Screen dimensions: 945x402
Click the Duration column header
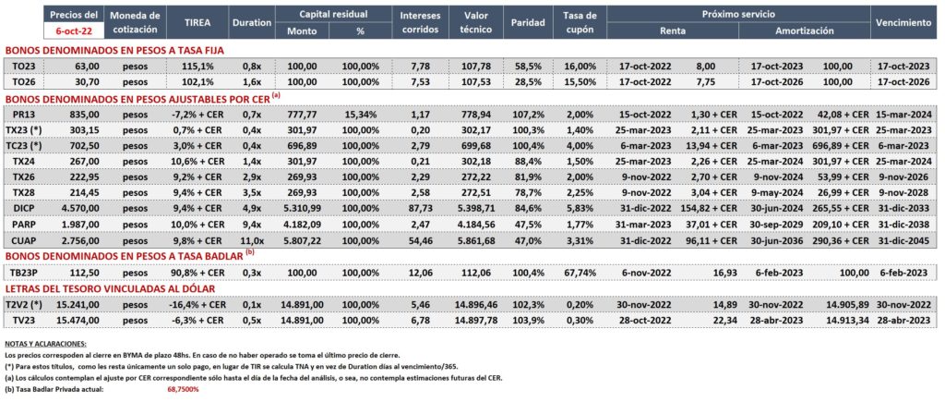coord(251,23)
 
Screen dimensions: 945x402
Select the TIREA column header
coord(197,23)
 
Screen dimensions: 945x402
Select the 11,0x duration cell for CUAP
coord(251,241)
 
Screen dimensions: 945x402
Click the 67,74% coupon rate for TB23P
coord(582,273)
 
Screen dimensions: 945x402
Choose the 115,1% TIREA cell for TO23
coord(197,66)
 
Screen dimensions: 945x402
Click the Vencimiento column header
coord(904,23)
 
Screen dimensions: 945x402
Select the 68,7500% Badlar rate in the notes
coord(183,389)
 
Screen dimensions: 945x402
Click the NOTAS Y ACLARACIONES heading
coord(45,343)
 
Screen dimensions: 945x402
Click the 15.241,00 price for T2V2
coord(78,305)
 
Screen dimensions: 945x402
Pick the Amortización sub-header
coord(804,30)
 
